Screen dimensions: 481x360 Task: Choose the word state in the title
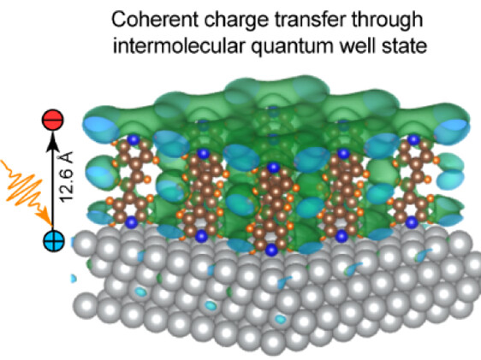click(404, 47)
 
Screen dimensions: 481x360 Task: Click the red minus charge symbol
click(53, 120)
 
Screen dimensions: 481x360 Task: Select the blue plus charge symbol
click(53, 241)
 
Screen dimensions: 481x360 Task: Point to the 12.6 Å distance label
click(67, 177)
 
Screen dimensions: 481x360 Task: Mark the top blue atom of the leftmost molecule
click(134, 139)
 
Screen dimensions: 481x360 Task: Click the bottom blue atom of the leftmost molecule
click(132, 221)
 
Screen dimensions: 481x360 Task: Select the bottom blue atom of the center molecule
click(271, 250)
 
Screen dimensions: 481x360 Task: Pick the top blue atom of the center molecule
click(273, 168)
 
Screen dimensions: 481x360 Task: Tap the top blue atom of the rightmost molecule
click(413, 140)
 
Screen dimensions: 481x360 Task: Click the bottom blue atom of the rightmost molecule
click(412, 222)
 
